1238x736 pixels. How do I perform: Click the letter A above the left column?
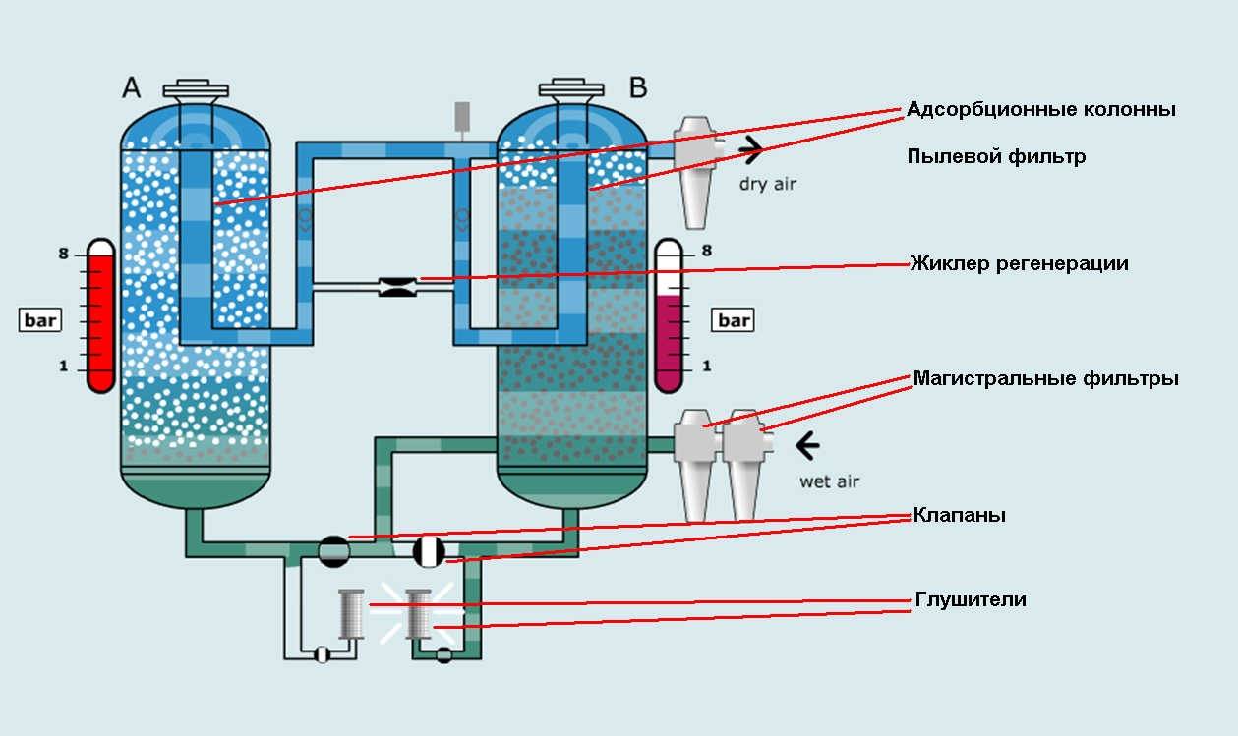click(132, 87)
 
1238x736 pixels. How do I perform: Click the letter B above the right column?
click(638, 87)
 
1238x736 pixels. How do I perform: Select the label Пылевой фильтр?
click(996, 157)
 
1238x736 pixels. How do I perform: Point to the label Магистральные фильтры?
click(1045, 378)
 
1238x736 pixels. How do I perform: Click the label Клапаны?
click(959, 515)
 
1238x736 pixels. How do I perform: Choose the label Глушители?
click(970, 599)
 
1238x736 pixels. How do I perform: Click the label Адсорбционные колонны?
click(1040, 109)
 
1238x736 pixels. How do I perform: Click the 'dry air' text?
click(766, 183)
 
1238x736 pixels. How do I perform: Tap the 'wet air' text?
click(829, 481)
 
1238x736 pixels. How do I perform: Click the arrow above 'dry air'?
click(752, 150)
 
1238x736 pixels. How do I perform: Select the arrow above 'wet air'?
click(808, 447)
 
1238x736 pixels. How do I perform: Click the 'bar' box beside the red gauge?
click(41, 320)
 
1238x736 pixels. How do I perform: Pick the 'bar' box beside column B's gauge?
click(734, 320)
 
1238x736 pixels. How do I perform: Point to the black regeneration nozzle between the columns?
click(397, 287)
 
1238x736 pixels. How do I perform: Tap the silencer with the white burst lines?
click(420, 613)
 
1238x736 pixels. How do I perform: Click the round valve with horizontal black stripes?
click(334, 550)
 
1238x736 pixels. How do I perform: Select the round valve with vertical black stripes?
click(430, 550)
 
